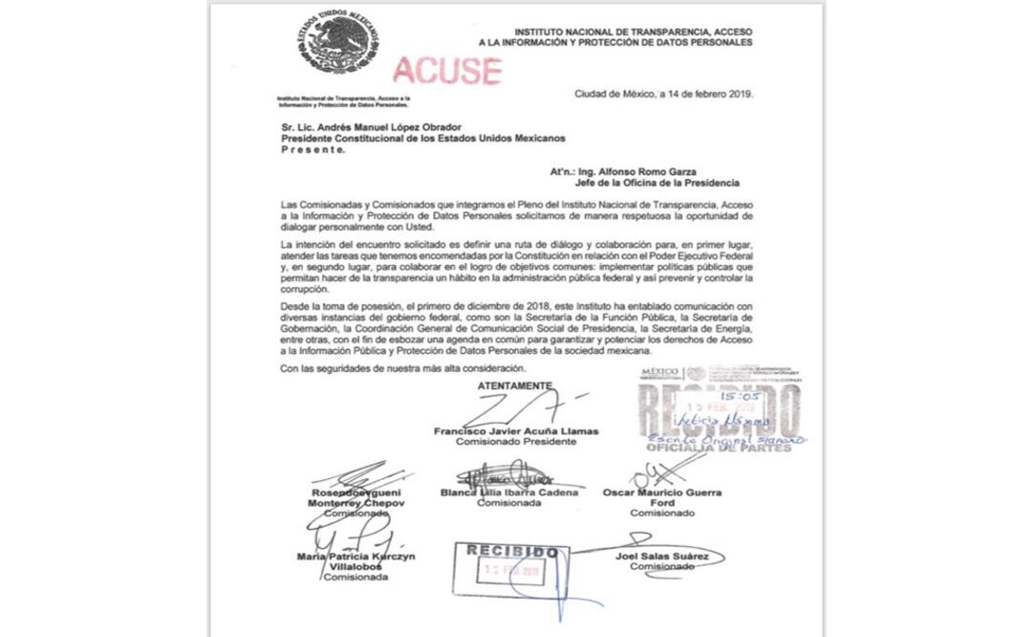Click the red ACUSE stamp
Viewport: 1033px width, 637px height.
(447, 70)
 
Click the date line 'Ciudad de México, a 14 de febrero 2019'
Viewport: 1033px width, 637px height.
(663, 94)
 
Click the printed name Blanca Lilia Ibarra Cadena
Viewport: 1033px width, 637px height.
(508, 493)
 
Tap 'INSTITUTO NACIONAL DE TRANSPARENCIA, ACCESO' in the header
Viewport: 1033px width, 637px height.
(633, 32)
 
